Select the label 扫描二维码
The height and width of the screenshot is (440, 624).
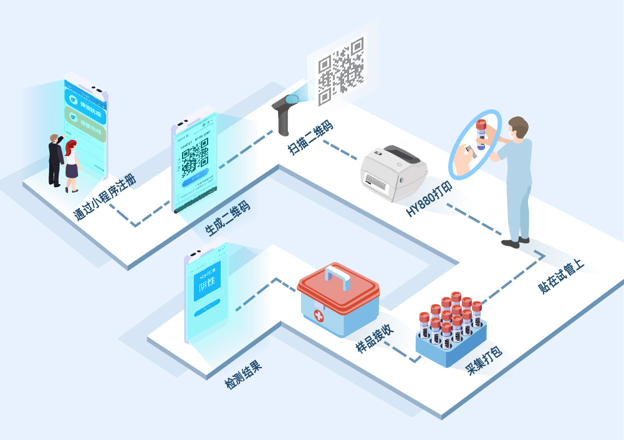pyautogui.click(x=310, y=137)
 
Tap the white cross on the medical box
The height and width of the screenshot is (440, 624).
pyautogui.click(x=319, y=316)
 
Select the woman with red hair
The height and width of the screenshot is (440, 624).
pyautogui.click(x=72, y=165)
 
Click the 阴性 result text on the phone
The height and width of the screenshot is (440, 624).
pyautogui.click(x=206, y=286)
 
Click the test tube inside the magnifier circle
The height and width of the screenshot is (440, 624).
pyautogui.click(x=481, y=134)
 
